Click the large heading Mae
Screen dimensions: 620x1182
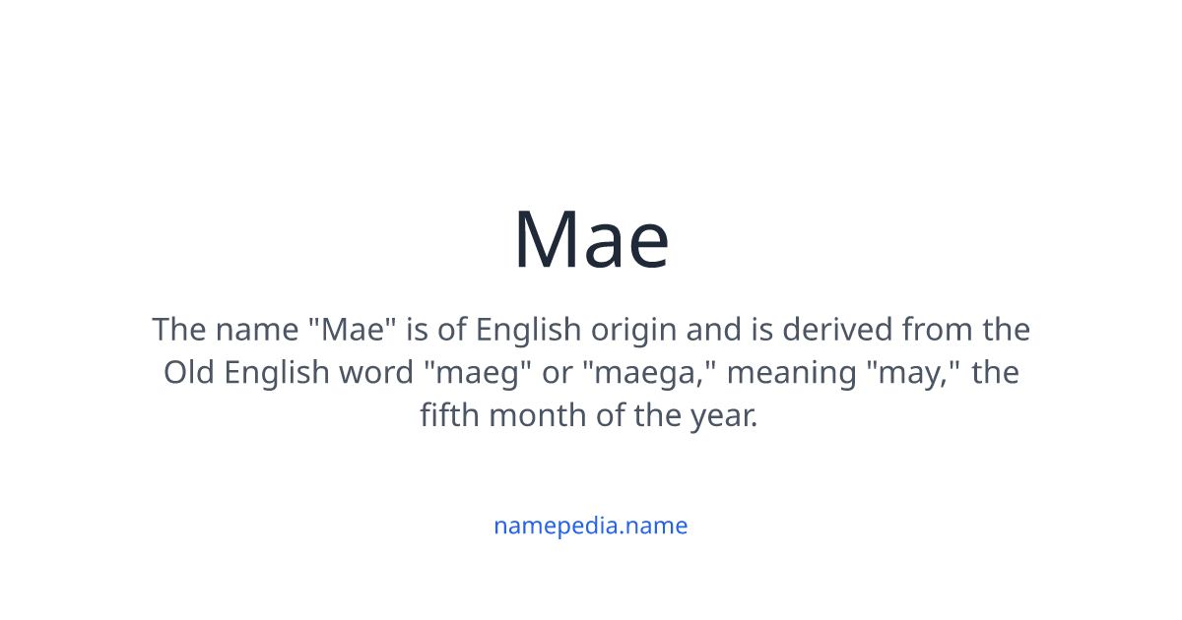(x=591, y=240)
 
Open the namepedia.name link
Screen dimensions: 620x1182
(x=590, y=526)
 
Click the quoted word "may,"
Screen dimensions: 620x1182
(x=913, y=373)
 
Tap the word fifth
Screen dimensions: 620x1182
(x=449, y=415)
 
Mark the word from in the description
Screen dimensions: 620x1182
(x=938, y=329)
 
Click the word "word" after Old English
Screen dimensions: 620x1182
(x=379, y=373)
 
